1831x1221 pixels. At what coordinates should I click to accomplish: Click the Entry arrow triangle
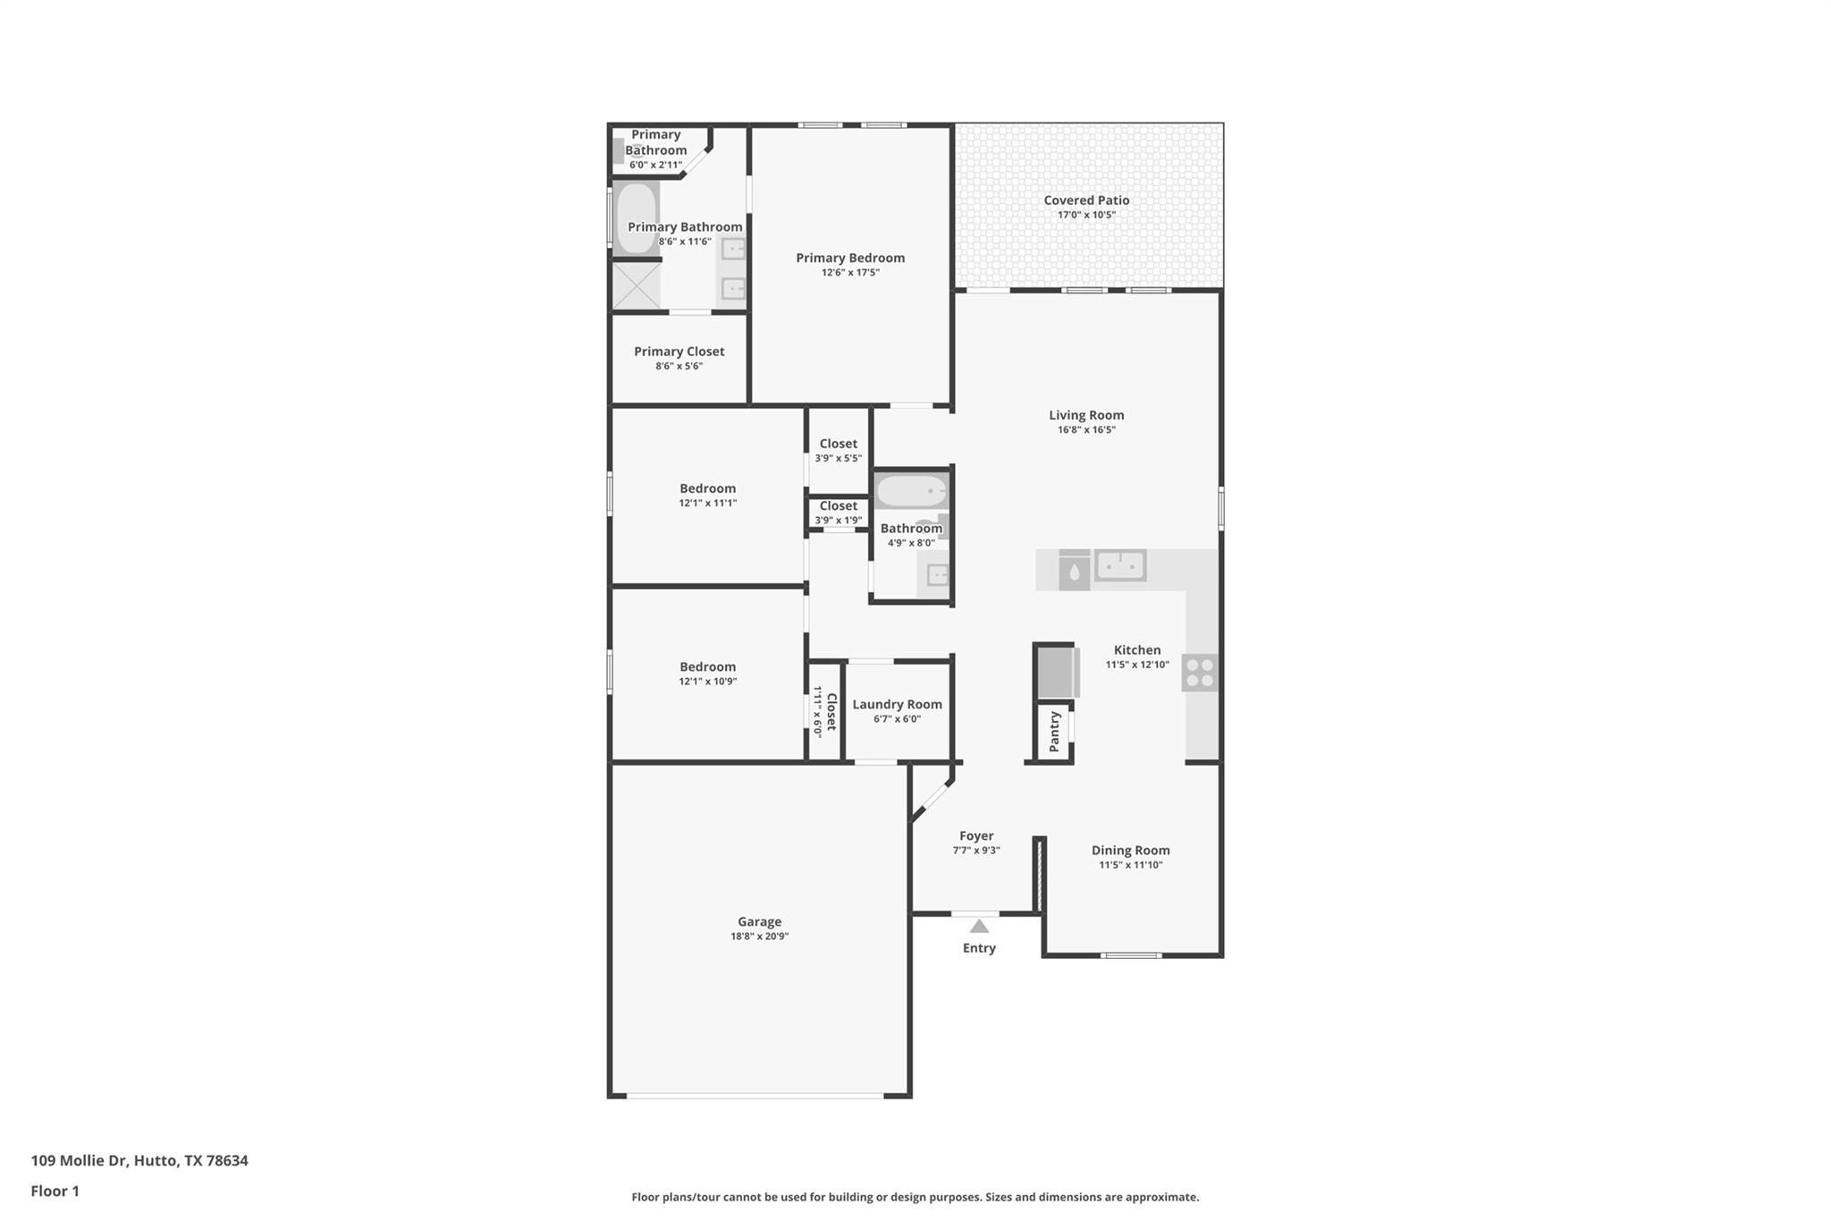979,927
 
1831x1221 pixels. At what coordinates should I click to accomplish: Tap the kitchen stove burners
1200,673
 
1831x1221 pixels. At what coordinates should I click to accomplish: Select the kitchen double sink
1120,565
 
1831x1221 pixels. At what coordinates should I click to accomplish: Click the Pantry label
1054,731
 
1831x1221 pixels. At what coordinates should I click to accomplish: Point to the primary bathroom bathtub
636,217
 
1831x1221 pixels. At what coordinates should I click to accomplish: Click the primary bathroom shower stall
636,285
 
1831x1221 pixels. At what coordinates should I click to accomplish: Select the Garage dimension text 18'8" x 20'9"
759,937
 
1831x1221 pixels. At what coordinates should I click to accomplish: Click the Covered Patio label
1086,200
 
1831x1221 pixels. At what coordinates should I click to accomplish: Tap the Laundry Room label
897,704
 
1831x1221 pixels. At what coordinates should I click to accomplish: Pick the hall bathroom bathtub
910,491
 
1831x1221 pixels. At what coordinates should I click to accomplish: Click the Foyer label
976,835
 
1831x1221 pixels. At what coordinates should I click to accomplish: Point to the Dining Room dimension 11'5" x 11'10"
1130,865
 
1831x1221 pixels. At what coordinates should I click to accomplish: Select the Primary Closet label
679,352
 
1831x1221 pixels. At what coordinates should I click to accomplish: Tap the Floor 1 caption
55,1191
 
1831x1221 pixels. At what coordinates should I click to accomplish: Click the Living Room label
1086,415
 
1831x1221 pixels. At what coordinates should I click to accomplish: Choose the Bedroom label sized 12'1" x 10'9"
707,666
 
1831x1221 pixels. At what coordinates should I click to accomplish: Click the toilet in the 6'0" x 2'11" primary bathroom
619,150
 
